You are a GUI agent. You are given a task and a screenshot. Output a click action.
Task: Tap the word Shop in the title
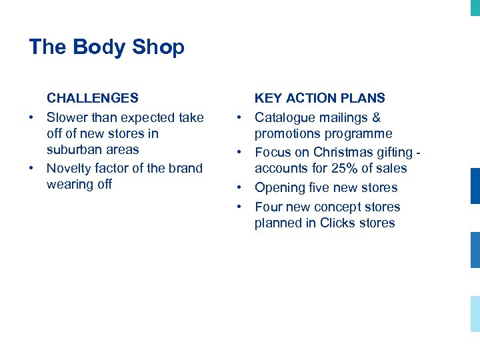158,48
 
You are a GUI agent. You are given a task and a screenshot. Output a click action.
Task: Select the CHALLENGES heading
93,98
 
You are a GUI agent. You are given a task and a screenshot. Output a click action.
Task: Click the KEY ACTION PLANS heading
319,98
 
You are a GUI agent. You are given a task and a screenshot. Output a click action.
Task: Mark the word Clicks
337,223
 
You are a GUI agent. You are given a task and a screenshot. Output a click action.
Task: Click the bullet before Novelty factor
32,168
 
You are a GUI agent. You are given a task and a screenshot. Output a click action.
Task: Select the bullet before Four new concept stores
240,207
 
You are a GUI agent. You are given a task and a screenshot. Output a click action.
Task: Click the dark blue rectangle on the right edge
475,185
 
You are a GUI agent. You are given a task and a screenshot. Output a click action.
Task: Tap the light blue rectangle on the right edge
475,313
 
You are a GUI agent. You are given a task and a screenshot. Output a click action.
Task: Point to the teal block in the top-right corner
475,7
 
